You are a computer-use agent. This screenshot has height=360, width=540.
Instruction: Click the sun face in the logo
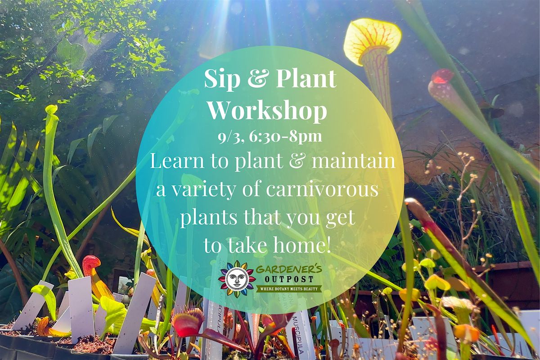237,279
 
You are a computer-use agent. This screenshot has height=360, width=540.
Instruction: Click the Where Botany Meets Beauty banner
289,288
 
